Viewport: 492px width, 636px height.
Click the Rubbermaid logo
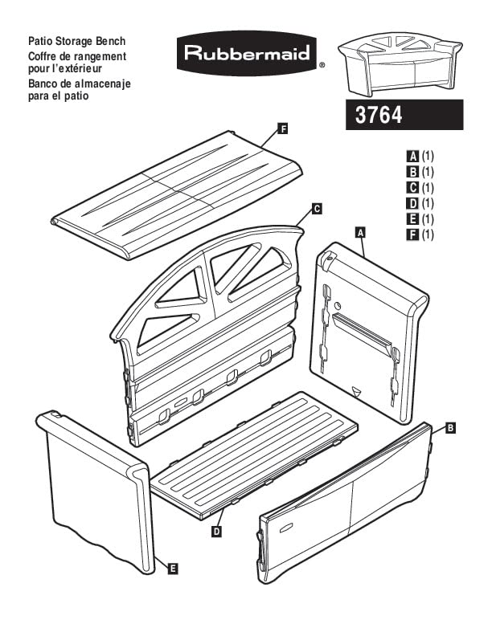point(247,53)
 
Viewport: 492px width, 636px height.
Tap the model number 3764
point(379,115)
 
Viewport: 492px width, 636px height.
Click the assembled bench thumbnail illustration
point(400,65)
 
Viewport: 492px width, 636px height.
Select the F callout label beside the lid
point(283,129)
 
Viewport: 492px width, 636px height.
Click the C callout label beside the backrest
point(317,209)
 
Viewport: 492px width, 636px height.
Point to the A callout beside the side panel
point(360,232)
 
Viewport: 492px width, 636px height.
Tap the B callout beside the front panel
point(450,428)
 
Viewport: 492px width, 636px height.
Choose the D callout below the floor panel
point(217,531)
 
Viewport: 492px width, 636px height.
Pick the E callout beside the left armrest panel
point(173,569)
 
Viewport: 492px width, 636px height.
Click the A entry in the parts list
point(420,156)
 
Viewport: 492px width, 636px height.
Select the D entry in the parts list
point(420,203)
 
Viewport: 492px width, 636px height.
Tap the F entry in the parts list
point(420,234)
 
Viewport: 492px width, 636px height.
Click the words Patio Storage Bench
point(76,41)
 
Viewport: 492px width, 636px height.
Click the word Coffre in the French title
point(43,56)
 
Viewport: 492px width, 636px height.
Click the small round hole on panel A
point(337,305)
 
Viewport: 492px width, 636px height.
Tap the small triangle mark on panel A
point(356,390)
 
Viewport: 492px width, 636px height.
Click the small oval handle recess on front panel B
point(286,528)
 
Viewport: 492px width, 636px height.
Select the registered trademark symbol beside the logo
point(322,64)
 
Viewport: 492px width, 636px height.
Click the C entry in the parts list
point(420,187)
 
